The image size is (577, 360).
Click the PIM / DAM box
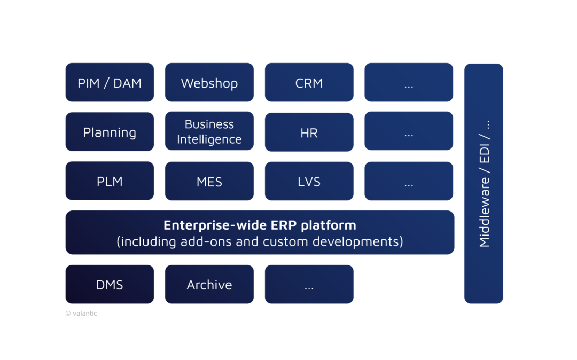(110, 83)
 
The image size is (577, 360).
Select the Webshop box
(209, 83)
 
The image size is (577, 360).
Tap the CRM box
(309, 83)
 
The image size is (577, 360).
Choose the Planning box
(110, 132)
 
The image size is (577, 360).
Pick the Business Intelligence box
(209, 132)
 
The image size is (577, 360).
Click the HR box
(309, 132)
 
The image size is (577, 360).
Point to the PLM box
(110, 181)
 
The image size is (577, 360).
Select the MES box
(209, 181)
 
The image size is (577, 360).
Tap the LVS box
(309, 181)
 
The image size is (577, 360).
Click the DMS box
(110, 285)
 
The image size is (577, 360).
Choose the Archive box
(209, 285)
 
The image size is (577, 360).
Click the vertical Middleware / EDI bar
(484, 183)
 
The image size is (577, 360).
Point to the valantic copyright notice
(81, 314)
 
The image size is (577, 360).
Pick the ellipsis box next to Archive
(309, 285)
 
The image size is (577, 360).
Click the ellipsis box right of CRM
(409, 83)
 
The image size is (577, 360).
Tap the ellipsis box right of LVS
(409, 181)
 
